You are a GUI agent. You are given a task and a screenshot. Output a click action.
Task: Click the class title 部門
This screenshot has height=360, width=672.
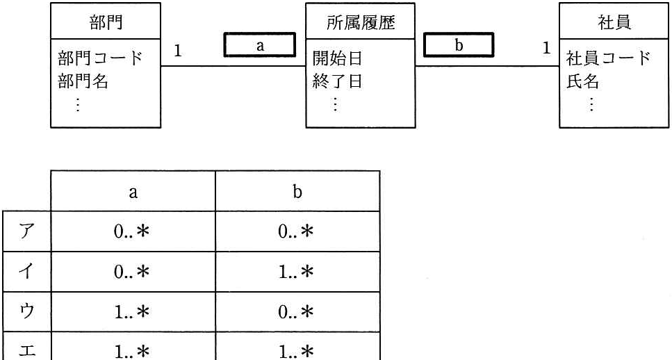click(x=106, y=22)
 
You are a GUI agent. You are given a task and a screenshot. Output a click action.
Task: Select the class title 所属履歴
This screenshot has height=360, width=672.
click(x=361, y=22)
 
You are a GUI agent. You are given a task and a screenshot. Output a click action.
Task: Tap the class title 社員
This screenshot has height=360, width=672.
click(x=614, y=22)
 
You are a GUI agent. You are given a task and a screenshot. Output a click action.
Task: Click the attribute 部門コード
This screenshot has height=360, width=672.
click(x=100, y=58)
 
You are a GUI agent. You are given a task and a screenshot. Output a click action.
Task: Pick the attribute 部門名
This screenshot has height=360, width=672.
click(x=83, y=81)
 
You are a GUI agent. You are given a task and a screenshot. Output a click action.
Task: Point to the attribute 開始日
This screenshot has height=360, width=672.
click(x=337, y=58)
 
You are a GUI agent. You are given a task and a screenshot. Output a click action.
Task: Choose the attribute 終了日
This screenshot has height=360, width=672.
click(x=337, y=81)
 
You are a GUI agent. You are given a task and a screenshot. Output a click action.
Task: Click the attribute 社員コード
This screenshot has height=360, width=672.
click(x=609, y=58)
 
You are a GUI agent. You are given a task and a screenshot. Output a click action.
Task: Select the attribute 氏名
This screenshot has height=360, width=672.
click(x=583, y=81)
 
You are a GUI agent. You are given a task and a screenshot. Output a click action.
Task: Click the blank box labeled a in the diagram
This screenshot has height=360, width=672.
click(x=260, y=45)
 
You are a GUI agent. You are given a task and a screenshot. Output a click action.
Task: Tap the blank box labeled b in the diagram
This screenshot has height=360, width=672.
click(x=459, y=45)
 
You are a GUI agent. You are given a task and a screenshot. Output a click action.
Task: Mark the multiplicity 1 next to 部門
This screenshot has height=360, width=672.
click(x=178, y=51)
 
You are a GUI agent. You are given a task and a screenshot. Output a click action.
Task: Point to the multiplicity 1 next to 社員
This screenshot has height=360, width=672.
click(x=546, y=48)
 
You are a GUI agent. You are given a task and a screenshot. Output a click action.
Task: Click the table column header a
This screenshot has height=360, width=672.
click(x=133, y=192)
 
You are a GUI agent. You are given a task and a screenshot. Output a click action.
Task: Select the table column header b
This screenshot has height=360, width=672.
click(x=297, y=191)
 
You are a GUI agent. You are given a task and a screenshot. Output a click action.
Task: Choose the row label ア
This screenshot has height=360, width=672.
click(x=26, y=232)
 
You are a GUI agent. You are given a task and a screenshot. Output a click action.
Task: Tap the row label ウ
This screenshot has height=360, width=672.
click(x=26, y=312)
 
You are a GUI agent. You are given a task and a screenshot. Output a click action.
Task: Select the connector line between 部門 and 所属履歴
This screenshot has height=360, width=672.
click(x=233, y=66)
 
